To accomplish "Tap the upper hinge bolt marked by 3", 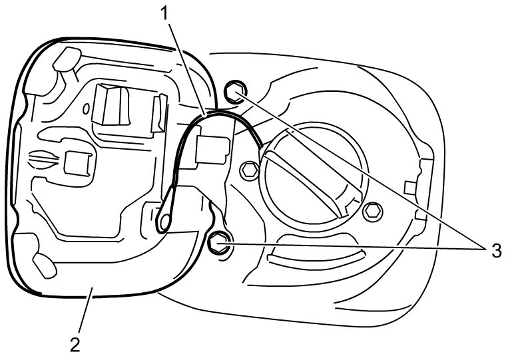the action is click(x=233, y=92).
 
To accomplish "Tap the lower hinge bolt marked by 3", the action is click(x=219, y=243).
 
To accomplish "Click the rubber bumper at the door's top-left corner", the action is click(x=63, y=59).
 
